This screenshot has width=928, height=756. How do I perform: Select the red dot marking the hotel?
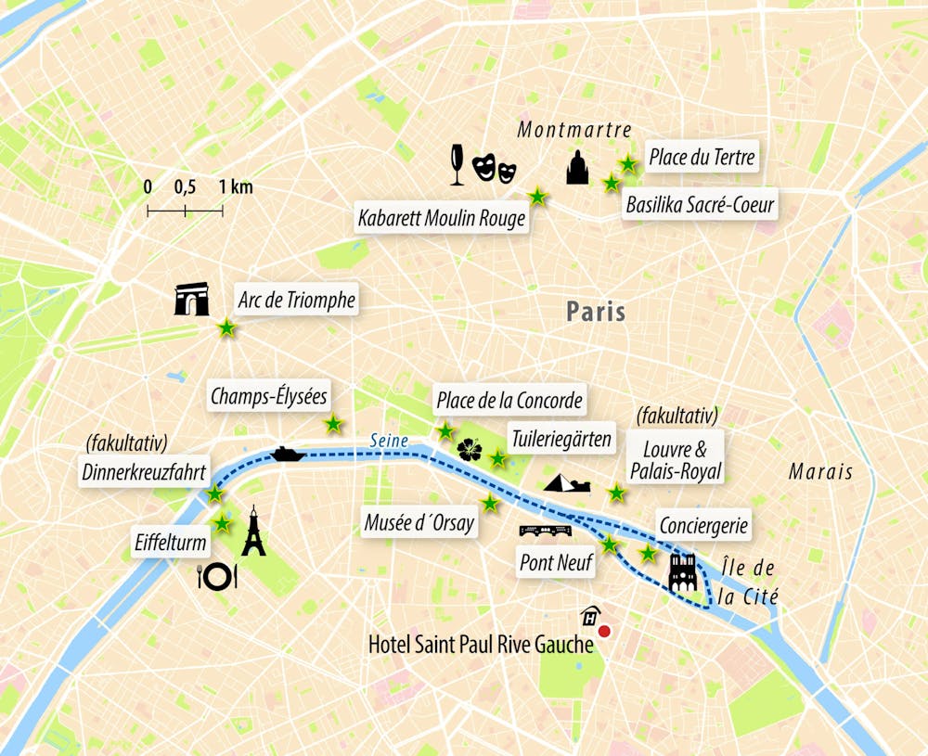pos(604,632)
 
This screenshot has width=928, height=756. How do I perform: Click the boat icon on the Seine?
pos(288,454)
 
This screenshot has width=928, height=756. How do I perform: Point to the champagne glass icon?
pos(457,165)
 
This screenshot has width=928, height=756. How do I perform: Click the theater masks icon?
pos(494,167)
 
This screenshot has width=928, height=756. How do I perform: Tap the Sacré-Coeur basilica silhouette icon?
pos(577,167)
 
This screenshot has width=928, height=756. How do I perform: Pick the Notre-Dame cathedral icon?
pos(683,571)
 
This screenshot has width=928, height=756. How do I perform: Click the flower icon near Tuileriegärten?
pos(470,450)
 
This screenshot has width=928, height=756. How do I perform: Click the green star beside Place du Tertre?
pos(628,164)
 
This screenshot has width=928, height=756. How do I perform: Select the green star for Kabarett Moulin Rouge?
pos(537,196)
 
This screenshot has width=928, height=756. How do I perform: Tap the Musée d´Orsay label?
pos(419,523)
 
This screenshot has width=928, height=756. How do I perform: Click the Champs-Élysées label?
pos(269,396)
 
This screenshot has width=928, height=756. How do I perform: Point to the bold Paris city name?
pos(596,312)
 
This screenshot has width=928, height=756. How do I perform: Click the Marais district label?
pos(820,472)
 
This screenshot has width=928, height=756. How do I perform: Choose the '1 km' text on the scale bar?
pos(236,187)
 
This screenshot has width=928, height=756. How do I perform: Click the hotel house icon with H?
pos(588,616)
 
